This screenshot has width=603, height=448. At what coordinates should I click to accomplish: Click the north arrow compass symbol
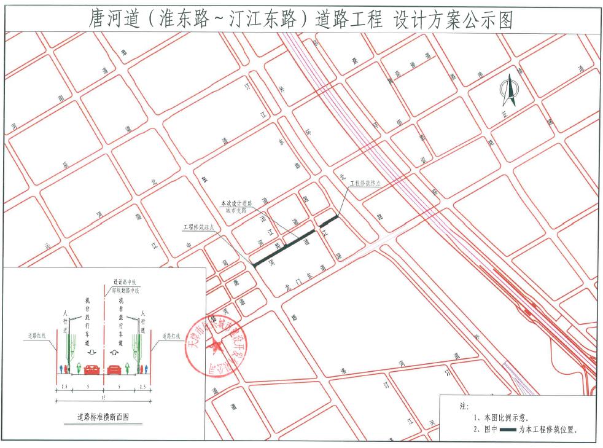pos(508,90)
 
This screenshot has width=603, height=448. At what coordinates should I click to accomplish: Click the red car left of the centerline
pos(93,369)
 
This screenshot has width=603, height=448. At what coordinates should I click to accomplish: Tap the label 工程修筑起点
pos(198,227)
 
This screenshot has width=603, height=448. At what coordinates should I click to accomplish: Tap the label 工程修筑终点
pos(366,183)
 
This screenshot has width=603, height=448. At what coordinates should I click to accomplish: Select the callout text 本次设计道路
pos(236,202)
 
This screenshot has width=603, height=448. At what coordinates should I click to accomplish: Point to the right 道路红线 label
pos(172,336)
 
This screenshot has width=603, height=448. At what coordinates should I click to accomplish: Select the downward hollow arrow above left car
pos(92,353)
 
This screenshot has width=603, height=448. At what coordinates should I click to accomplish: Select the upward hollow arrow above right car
pos(115,353)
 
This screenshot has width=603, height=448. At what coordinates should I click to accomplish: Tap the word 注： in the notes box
pos(464,407)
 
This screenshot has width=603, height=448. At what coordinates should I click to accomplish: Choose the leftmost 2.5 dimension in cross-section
pos(64,387)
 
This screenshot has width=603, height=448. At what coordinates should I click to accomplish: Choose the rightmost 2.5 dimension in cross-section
pos(143,387)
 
